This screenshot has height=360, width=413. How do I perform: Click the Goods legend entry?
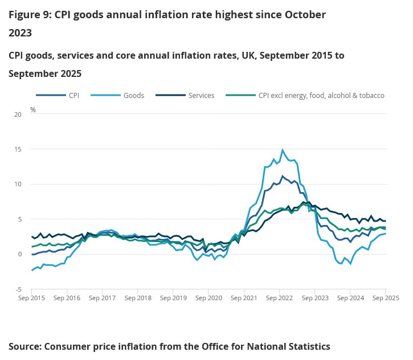[x=134, y=96]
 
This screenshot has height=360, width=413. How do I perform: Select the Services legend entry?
[x=201, y=96]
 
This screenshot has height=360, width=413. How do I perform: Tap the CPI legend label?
[x=73, y=96]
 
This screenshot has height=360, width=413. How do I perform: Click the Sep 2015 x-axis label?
[x=31, y=297]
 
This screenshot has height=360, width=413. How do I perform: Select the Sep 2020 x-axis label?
[x=208, y=297]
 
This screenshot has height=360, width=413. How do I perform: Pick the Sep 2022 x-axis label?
[x=279, y=297]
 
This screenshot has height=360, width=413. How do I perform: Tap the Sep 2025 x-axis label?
[x=385, y=297]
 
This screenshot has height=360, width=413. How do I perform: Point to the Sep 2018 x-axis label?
[x=138, y=297]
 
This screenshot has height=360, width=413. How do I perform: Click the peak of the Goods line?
[x=283, y=150]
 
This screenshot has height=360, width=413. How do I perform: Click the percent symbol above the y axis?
[x=33, y=109]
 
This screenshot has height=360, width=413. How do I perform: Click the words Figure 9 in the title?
[x=29, y=14]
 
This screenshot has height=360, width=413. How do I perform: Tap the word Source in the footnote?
[x=24, y=346]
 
